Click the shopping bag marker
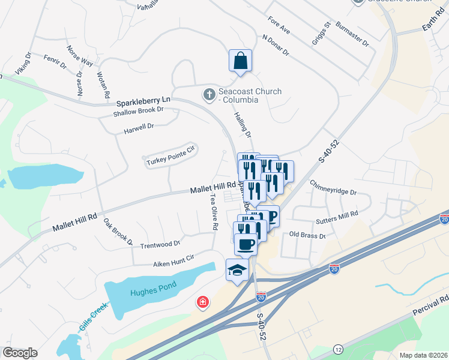240,61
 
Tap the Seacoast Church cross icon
209,94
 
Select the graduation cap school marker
237,271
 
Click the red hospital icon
203,302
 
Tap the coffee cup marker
246,244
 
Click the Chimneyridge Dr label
333,188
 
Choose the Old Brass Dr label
307,235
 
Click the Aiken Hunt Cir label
173,259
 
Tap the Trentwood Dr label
160,244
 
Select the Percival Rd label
432,306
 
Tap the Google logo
20,353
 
